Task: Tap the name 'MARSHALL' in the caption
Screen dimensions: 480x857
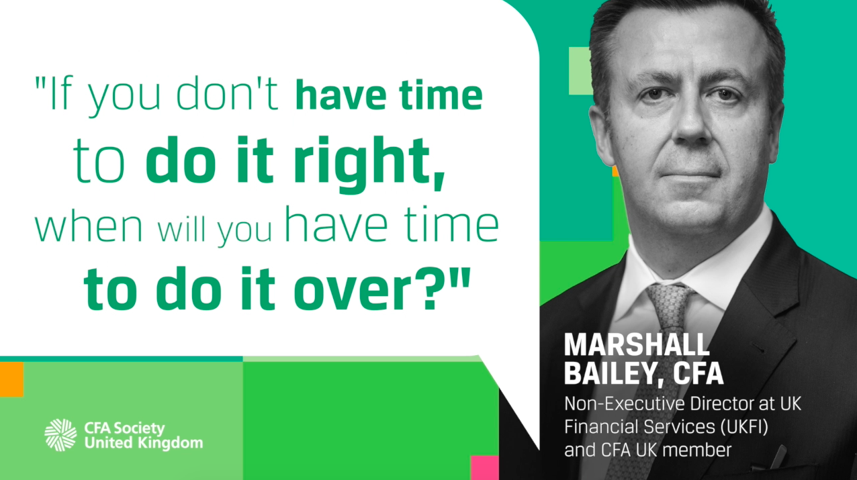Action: coord(637,344)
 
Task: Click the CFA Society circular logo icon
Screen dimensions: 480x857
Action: coord(60,434)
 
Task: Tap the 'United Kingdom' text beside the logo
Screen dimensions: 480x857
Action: coord(143,442)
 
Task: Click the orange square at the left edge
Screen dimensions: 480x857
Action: coord(11,379)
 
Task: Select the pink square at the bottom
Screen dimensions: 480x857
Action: coord(484,467)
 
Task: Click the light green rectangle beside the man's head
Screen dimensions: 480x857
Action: coord(579,70)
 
